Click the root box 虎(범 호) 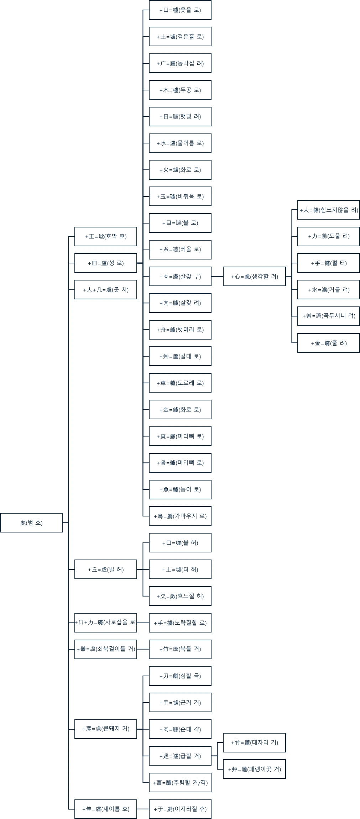point(31,523)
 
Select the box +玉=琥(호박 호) point(105,236)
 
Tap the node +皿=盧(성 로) point(105,263)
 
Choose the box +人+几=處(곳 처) point(105,290)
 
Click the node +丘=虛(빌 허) point(105,569)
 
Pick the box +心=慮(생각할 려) point(254,277)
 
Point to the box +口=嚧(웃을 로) point(180,10)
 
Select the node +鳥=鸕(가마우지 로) point(180,516)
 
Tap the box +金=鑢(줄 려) point(328,343)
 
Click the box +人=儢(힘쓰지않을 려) point(328,210)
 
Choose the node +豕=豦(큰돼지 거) point(105,729)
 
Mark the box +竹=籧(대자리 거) point(254,743)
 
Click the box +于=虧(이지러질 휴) point(180,809)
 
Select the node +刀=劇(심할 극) point(180,676)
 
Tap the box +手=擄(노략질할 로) point(180,623)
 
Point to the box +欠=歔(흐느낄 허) point(180,596)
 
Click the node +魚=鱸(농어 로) point(180,489)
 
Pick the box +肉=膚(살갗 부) point(180,277)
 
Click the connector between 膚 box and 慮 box point(217,277)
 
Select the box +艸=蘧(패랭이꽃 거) point(254,769)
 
